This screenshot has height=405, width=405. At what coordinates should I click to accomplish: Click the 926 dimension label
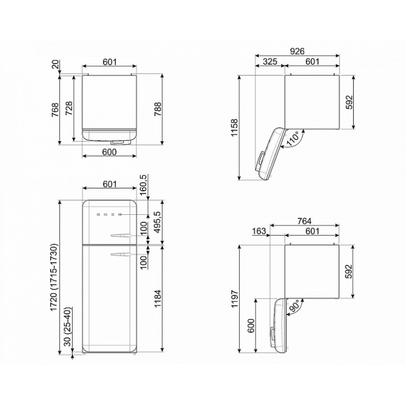tap(297, 51)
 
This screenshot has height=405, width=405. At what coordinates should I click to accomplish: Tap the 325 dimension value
tap(270, 61)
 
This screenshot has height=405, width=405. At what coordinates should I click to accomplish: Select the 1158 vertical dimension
tap(234, 128)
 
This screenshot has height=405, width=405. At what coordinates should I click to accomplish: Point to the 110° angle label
tap(293, 139)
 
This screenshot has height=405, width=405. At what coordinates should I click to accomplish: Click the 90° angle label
tap(294, 307)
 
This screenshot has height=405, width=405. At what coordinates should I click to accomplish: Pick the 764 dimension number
tap(304, 221)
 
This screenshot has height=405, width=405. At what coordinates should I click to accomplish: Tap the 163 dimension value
tap(259, 231)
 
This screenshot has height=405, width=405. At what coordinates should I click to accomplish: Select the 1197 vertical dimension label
tap(234, 299)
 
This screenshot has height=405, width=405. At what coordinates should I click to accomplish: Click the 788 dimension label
tap(157, 109)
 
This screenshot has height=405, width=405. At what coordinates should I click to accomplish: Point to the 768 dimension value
tap(55, 110)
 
